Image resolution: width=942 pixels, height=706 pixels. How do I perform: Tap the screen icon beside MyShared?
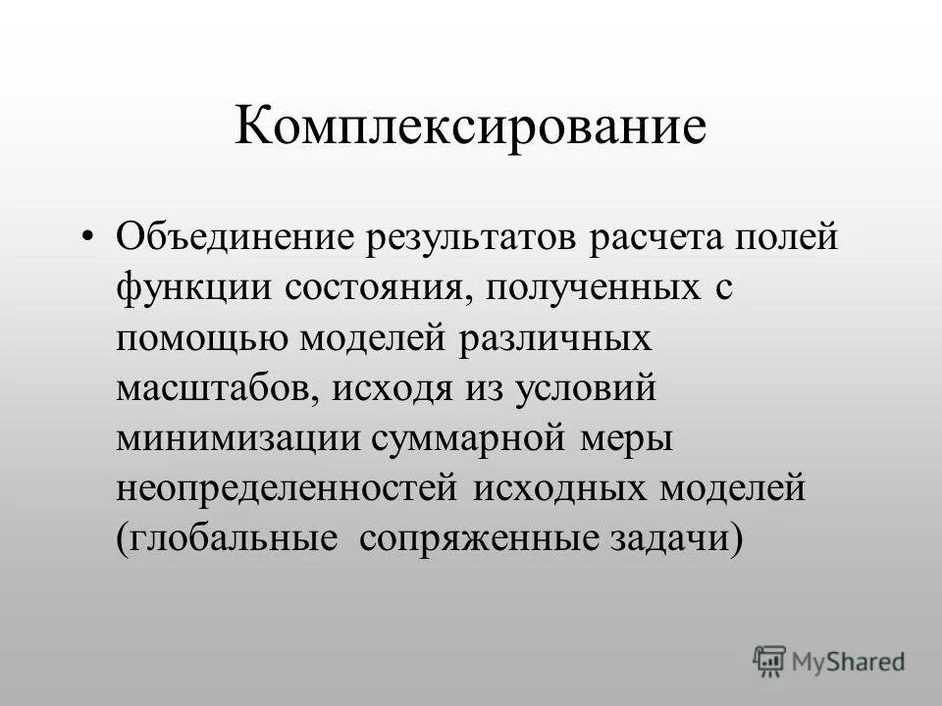click(769, 662)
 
